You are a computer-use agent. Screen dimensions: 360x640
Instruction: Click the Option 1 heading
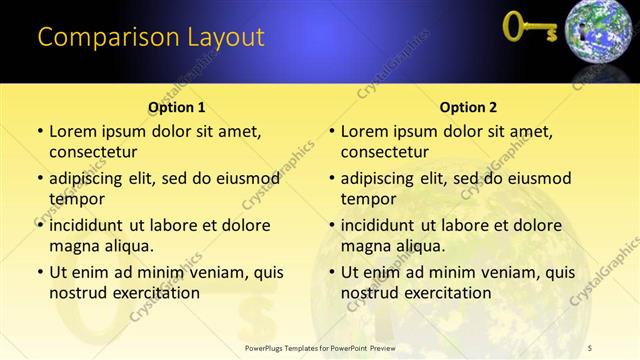(x=177, y=107)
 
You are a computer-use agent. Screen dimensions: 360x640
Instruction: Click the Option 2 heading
(x=468, y=107)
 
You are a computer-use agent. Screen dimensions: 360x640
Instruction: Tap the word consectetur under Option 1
(x=93, y=152)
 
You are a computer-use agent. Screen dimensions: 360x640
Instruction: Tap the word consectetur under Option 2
(x=385, y=152)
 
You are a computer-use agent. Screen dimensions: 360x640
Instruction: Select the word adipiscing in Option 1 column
(x=91, y=178)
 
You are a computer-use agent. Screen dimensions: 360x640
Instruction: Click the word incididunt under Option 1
(x=92, y=225)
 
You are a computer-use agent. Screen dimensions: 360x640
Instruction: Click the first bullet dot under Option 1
(x=40, y=132)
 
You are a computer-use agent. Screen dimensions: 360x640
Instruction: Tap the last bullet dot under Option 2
(x=332, y=272)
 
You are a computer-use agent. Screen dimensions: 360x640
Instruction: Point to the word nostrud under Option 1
(x=78, y=293)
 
